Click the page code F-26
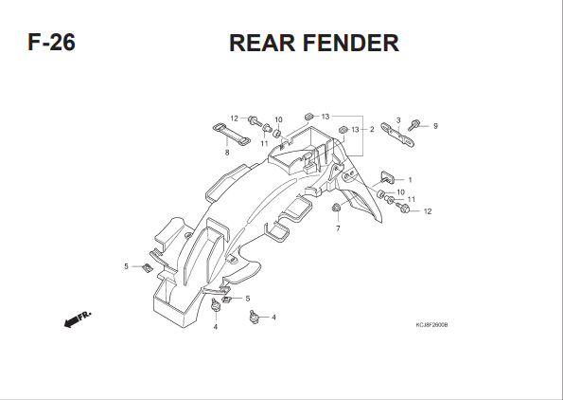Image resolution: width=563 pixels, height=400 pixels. coord(52,42)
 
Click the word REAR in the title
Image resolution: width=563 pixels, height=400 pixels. coord(262,43)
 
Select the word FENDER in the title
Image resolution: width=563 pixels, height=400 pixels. coord(351,43)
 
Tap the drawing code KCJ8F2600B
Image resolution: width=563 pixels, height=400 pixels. coord(431,325)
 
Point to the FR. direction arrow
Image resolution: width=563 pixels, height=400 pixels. coord(78,318)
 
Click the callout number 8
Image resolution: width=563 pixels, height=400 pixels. coord(227,153)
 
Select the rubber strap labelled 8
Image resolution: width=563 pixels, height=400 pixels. coord(232,135)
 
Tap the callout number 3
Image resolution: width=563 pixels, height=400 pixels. coord(398,120)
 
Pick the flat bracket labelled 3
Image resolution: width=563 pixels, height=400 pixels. coord(397,135)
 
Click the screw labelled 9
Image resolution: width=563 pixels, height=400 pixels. coord(413,125)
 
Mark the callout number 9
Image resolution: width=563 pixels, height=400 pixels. coord(435,126)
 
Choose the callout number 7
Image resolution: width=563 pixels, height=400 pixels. coord(338,228)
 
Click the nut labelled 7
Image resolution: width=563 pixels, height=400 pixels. coord(337,208)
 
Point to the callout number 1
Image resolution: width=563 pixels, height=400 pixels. coord(410,180)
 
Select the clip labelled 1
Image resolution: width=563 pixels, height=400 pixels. coord(387,177)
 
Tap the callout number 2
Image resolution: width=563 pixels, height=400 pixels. coord(372,130)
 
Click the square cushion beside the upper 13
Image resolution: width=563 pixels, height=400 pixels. coord(309,117)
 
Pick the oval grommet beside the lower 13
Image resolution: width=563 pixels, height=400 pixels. coord(343,129)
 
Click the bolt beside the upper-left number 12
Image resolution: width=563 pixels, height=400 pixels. coord(255,121)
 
